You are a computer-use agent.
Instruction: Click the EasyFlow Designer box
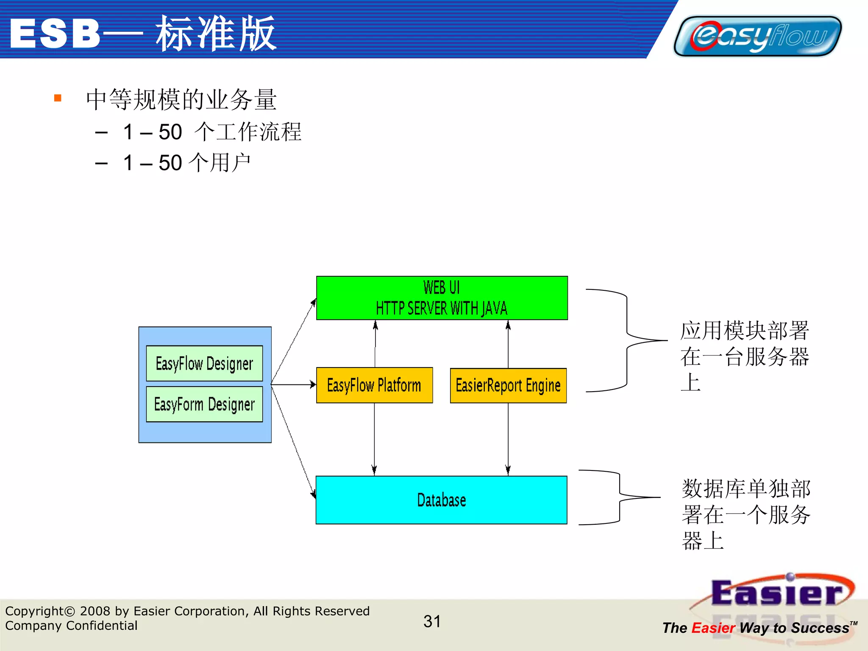pyautogui.click(x=204, y=363)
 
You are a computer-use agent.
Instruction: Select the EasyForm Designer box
pyautogui.click(x=204, y=404)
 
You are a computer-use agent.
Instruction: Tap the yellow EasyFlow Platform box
pyautogui.click(x=374, y=385)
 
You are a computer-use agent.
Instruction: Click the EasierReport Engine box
pyautogui.click(x=508, y=385)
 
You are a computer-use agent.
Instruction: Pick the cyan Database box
pyautogui.click(x=441, y=500)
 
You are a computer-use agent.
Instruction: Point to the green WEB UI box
pyautogui.click(x=442, y=298)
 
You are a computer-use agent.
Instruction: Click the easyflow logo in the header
pyautogui.click(x=757, y=36)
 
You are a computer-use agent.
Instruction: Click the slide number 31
pyautogui.click(x=432, y=621)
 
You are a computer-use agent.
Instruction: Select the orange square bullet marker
pyautogui.click(x=58, y=98)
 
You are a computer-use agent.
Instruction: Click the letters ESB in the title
pyautogui.click(x=55, y=34)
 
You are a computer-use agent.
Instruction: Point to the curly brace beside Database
pyautogui.click(x=620, y=497)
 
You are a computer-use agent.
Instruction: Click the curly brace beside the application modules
pyautogui.click(x=626, y=340)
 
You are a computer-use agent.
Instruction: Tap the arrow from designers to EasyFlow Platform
pyautogui.click(x=293, y=385)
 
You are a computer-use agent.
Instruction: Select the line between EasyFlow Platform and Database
pyautogui.click(x=374, y=439)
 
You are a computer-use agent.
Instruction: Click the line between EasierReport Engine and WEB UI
pyautogui.click(x=508, y=344)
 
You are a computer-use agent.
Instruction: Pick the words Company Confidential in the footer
pyautogui.click(x=71, y=626)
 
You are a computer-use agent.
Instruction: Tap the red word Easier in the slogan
pyautogui.click(x=713, y=628)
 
